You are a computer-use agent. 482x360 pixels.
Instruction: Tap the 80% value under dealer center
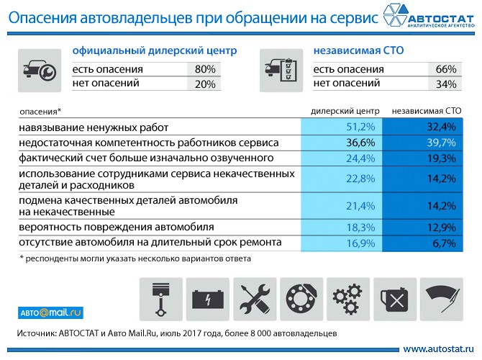coord(205,69)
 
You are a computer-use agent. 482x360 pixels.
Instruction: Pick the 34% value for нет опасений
coord(446,84)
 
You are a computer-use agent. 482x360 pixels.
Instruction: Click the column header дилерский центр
coord(345,112)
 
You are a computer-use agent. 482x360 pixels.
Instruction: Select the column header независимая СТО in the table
coord(426,112)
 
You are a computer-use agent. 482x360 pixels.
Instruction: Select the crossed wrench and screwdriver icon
coord(255,297)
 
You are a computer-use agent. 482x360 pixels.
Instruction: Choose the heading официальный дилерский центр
coord(155,51)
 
